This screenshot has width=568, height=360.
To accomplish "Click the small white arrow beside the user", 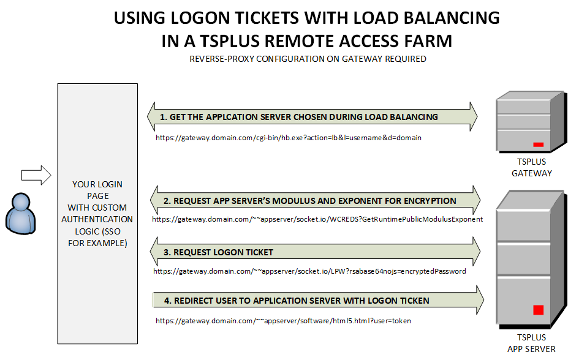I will tap(35, 175).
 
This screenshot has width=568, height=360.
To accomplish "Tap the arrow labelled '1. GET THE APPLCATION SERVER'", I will tap(312, 116).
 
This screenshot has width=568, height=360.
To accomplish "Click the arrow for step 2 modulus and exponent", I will tap(315, 201).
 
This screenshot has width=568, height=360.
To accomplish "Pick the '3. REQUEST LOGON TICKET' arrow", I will tap(315, 252).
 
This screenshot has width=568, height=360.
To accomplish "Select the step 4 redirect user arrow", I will tap(318, 301).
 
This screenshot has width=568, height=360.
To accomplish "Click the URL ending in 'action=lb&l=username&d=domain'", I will tap(289, 138).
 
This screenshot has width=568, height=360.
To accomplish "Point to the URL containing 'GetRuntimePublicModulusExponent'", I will tap(317, 219).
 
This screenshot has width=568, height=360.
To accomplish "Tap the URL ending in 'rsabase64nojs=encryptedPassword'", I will tap(309, 271).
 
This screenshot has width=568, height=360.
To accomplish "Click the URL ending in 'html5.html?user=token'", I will tap(287, 320).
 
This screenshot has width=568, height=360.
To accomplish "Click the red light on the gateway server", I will tap(539, 144).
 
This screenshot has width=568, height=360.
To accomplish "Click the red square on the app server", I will tap(539, 310).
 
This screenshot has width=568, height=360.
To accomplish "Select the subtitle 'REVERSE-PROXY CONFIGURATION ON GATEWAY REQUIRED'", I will tap(308, 59).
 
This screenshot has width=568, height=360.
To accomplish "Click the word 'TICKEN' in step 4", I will tap(413, 301).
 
